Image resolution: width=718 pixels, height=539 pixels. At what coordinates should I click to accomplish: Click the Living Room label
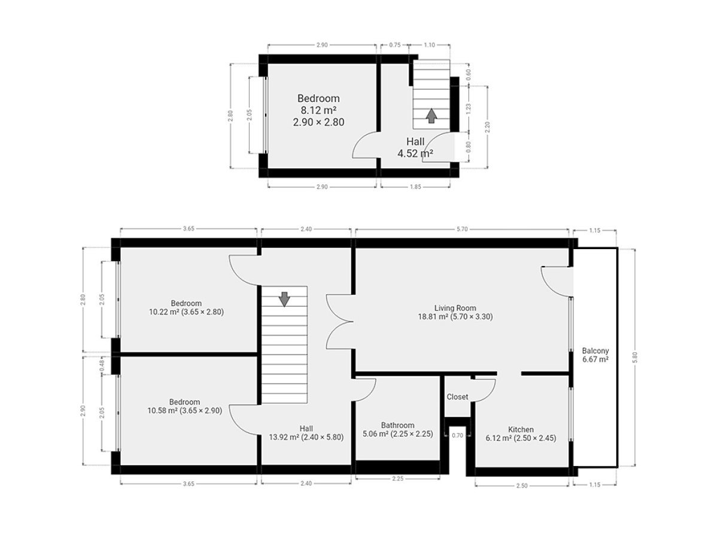tap(455, 308)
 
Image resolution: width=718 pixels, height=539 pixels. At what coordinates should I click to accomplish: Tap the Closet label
tap(457, 396)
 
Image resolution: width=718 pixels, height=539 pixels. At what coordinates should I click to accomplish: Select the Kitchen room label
tap(521, 429)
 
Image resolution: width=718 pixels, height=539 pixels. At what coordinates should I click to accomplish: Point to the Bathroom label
tap(397, 425)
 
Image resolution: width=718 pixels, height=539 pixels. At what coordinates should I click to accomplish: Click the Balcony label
tap(595, 351)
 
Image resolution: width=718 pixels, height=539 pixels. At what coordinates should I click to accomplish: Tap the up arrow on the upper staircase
tap(432, 116)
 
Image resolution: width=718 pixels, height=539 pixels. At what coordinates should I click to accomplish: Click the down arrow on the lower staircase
tap(285, 299)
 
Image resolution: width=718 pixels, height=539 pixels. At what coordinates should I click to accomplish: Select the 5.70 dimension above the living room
tap(462, 229)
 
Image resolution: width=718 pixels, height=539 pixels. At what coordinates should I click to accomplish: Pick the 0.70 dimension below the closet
tap(457, 435)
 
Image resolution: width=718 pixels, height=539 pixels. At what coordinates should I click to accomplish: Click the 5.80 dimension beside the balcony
tap(635, 358)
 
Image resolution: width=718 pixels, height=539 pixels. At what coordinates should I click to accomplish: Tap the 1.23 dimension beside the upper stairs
tap(468, 108)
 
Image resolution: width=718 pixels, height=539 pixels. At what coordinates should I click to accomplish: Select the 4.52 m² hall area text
tap(415, 153)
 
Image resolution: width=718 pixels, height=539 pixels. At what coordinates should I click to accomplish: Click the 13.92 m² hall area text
tap(284, 437)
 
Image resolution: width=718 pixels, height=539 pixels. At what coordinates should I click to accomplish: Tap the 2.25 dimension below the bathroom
tap(397, 479)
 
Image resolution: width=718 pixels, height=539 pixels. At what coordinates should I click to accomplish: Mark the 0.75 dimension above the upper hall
tap(395, 45)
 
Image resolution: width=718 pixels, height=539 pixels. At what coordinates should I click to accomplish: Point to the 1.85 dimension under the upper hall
tap(415, 187)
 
